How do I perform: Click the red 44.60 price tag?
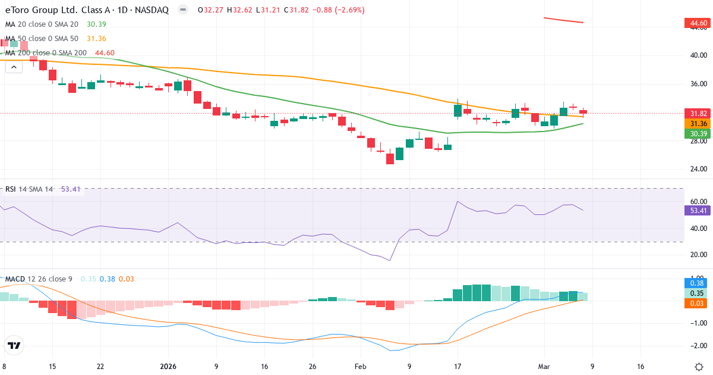tap(698, 23)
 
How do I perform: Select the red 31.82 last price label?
tap(698, 114)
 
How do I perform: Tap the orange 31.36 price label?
tap(698, 123)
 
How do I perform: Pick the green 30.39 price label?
tap(698, 133)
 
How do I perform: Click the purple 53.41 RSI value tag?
tap(698, 210)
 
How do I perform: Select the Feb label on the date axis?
tap(361, 367)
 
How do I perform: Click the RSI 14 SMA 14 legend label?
tap(29, 189)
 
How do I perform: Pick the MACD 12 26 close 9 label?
tap(39, 279)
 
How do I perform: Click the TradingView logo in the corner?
tap(14, 345)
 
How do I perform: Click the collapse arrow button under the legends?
tap(14, 67)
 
